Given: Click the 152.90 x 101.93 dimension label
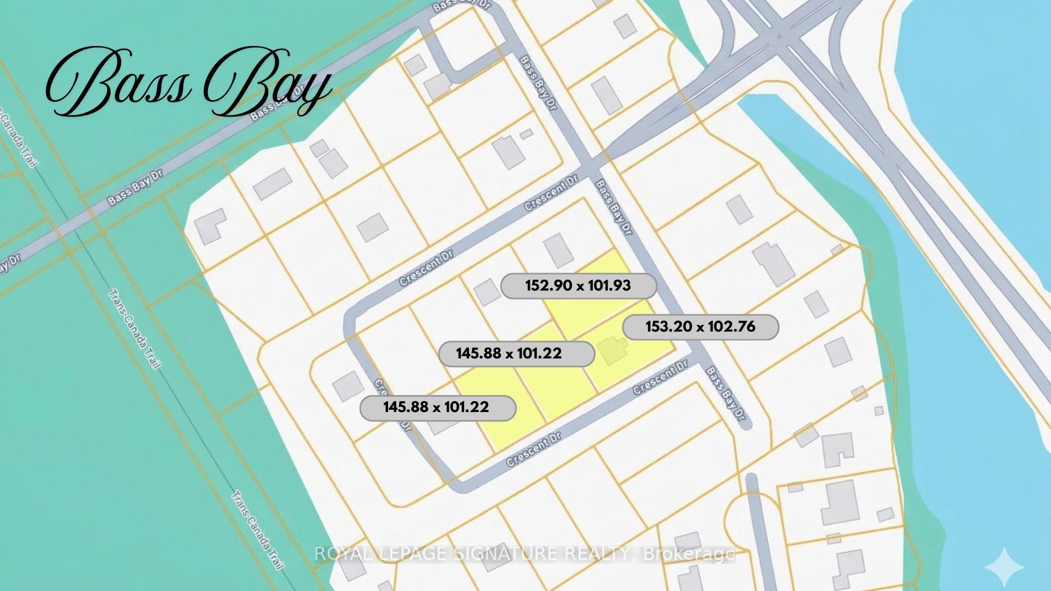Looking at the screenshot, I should click(x=578, y=286).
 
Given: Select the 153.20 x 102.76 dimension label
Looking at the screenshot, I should click(x=700, y=327).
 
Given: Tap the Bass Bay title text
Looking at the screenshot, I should click(x=189, y=82).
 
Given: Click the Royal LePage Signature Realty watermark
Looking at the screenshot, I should click(x=524, y=554).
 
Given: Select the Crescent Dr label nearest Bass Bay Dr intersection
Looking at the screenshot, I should click(x=551, y=196).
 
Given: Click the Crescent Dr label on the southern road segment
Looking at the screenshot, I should click(x=534, y=449).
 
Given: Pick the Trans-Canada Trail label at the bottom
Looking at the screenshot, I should click(x=257, y=530).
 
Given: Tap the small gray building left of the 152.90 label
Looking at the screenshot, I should click(x=486, y=292).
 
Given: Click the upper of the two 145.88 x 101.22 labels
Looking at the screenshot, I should click(x=516, y=354).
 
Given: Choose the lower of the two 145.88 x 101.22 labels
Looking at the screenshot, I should click(x=437, y=408).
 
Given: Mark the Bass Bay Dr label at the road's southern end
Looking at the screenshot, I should click(x=726, y=393).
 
